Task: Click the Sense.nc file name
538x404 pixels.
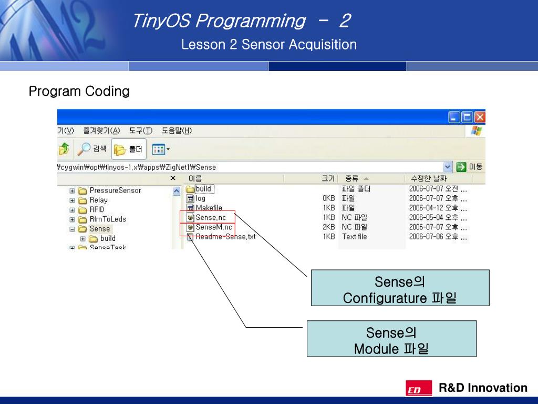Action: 211,217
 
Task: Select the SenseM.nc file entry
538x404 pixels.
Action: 213,227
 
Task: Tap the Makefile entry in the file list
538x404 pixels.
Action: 209,208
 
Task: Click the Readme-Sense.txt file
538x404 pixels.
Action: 225,237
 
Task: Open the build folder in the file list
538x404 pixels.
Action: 203,189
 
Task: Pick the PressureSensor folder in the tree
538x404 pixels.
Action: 115,190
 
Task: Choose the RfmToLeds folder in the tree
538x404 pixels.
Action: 108,219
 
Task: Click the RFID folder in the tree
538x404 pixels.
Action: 97,209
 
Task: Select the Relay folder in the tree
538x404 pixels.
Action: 98,200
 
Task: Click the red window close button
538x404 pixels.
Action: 480,117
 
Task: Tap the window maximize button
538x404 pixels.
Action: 467,117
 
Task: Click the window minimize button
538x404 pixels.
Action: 454,117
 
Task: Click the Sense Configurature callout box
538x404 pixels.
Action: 400,288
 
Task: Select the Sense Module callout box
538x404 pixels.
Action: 391,339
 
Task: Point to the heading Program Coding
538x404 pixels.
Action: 79,92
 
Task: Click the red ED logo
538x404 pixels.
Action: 419,389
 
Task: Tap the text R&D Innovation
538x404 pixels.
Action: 483,388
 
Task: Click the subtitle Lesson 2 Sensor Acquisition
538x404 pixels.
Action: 268,45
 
